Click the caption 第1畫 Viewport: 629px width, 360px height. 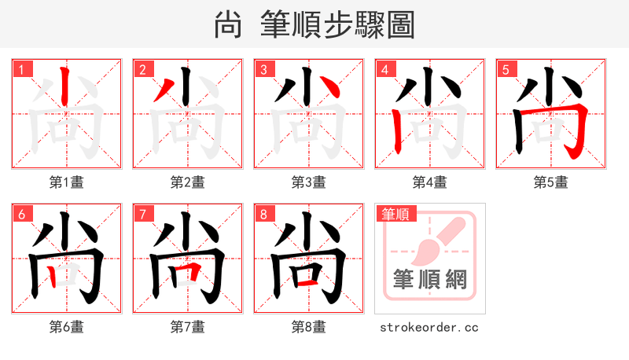(x=67, y=182)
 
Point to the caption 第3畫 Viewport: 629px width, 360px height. (x=309, y=182)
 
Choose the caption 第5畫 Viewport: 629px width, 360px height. (x=550, y=182)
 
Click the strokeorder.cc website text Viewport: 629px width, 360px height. (x=429, y=327)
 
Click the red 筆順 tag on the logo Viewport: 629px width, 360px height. (x=397, y=214)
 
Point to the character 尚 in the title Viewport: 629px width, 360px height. (x=227, y=25)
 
